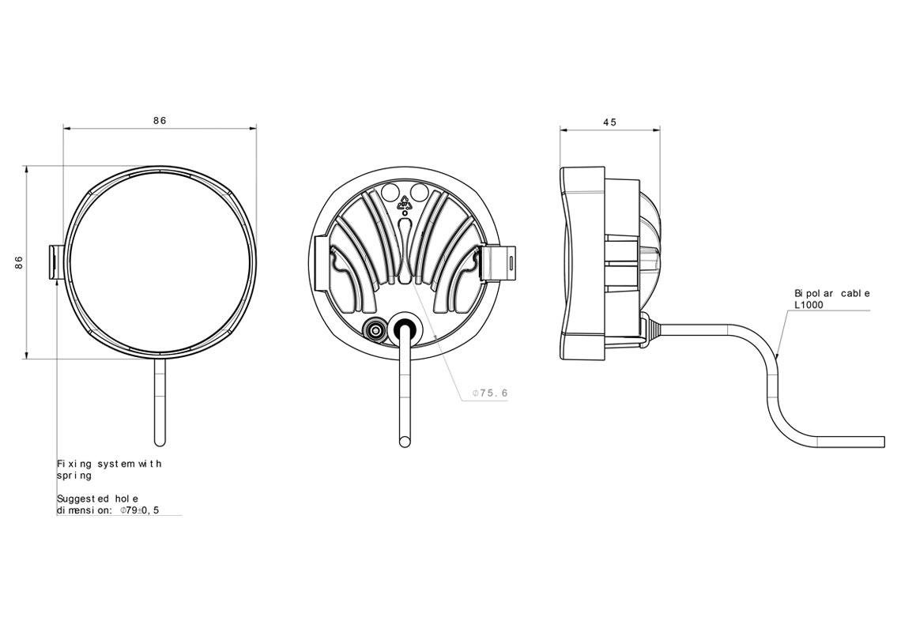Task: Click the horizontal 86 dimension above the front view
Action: click(160, 121)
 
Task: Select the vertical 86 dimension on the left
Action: click(19, 262)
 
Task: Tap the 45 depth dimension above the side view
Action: click(609, 122)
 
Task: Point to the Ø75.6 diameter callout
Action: click(489, 393)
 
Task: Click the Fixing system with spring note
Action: click(108, 469)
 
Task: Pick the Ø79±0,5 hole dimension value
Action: click(140, 510)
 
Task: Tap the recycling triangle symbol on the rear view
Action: click(405, 201)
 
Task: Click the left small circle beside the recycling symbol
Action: click(389, 192)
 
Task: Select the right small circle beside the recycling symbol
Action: click(420, 192)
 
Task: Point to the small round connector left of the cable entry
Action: click(375, 329)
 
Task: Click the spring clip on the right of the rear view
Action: click(498, 262)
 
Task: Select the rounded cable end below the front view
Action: click(160, 438)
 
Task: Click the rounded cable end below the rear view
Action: click(405, 438)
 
